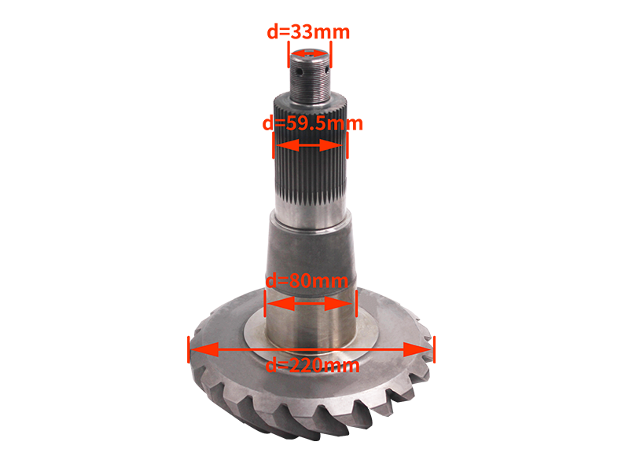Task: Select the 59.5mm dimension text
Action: (311, 124)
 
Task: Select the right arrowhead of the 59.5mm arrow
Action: (337, 145)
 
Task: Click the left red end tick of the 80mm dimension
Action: (265, 301)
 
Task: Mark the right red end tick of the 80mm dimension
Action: (357, 301)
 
